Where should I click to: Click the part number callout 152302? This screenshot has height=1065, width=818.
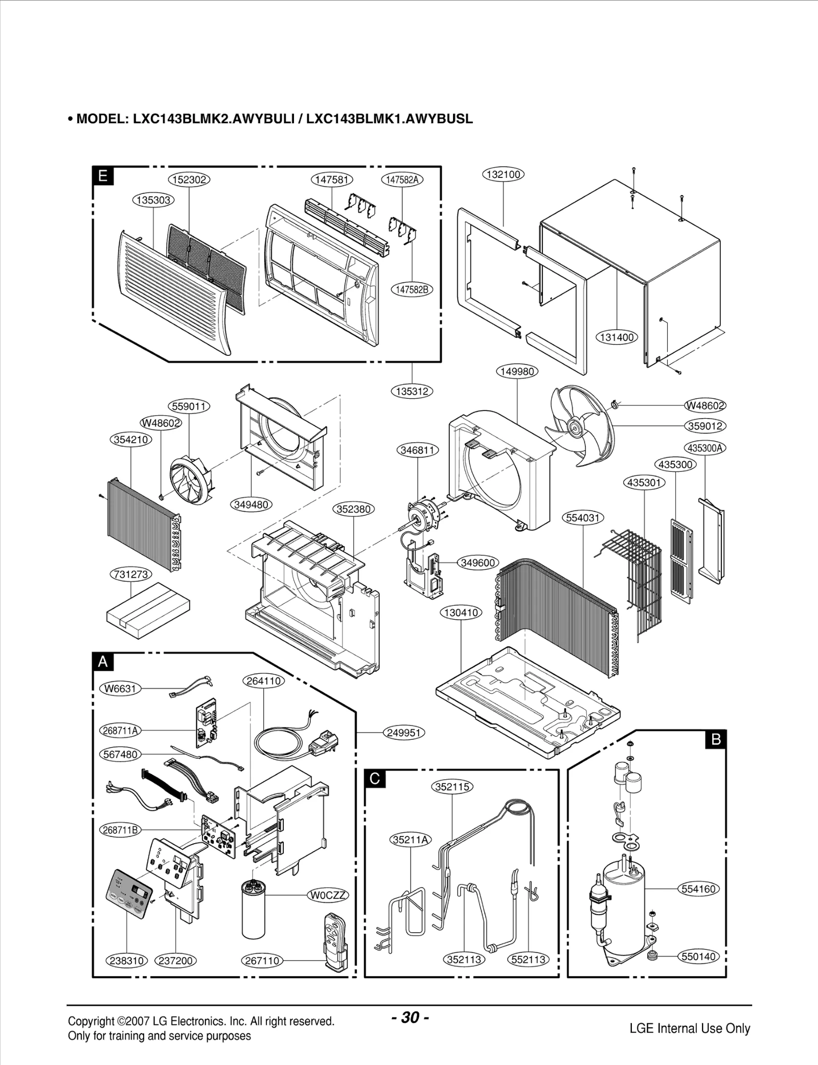click(x=189, y=179)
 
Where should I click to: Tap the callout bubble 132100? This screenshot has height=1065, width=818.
click(x=504, y=174)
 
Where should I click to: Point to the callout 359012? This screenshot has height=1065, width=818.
click(x=706, y=426)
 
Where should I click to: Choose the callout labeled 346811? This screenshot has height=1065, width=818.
click(x=418, y=450)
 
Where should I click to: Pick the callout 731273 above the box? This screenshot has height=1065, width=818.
click(x=131, y=574)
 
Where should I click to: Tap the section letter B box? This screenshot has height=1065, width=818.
click(x=716, y=739)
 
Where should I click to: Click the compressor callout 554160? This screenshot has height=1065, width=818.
click(x=698, y=889)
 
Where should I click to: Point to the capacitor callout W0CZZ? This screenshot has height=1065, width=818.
click(x=328, y=895)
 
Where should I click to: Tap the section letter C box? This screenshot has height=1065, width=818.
click(x=375, y=779)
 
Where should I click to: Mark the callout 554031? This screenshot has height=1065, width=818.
click(x=583, y=517)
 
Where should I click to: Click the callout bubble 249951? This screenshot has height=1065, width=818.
click(x=403, y=733)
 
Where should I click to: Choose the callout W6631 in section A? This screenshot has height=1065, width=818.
click(x=120, y=688)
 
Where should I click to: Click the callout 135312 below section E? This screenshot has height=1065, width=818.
click(x=412, y=391)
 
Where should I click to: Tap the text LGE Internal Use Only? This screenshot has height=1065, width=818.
click(x=690, y=1028)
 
